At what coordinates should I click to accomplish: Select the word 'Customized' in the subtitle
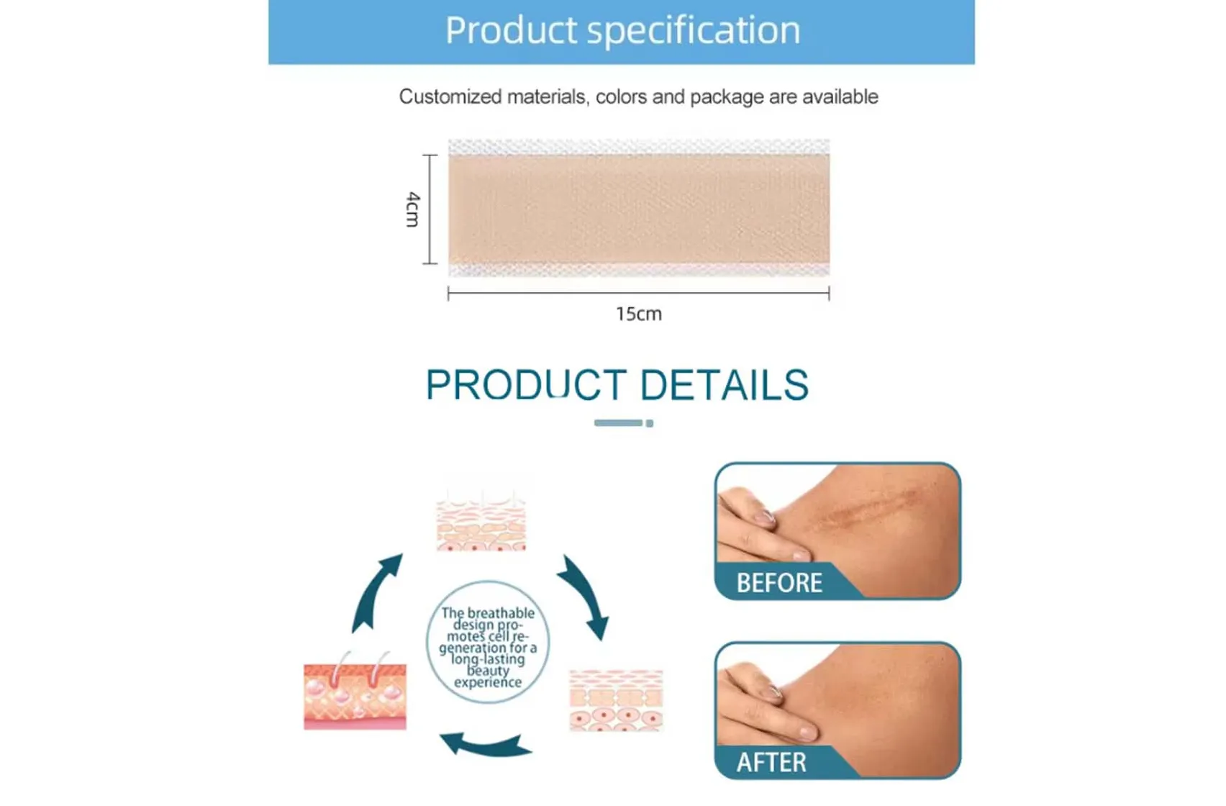pyautogui.click(x=450, y=96)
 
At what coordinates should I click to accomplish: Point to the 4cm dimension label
pyautogui.click(x=412, y=209)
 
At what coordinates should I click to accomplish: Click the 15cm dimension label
pyautogui.click(x=638, y=314)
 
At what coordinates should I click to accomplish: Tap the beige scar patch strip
pyautogui.click(x=638, y=209)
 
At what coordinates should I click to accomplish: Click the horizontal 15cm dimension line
pyautogui.click(x=638, y=293)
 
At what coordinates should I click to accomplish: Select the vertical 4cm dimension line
pyautogui.click(x=430, y=209)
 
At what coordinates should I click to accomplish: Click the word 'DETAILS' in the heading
pyautogui.click(x=724, y=385)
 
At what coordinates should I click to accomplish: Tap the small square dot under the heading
pyautogui.click(x=650, y=423)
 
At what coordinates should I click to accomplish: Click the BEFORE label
pyautogui.click(x=779, y=582)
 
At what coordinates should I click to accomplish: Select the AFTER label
pyautogui.click(x=771, y=762)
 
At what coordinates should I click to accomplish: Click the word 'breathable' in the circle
pyautogui.click(x=501, y=613)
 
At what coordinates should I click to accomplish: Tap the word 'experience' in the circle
pyautogui.click(x=488, y=682)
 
